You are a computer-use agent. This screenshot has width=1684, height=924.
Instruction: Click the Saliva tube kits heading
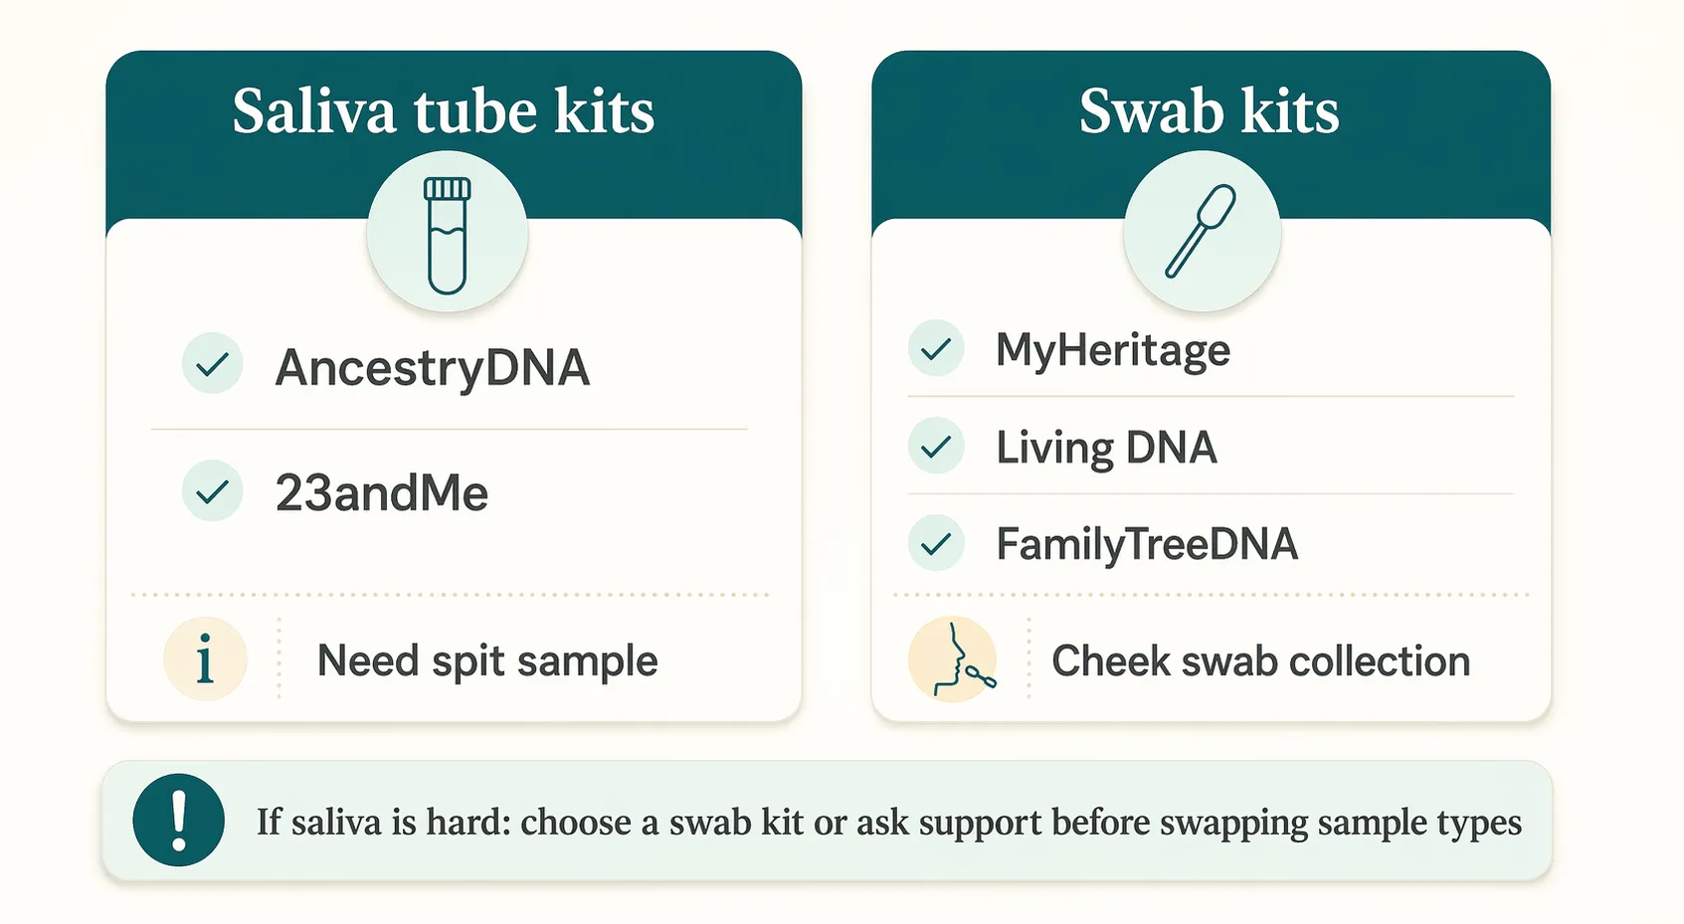point(444,110)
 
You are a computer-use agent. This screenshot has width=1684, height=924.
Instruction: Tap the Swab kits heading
point(1209,110)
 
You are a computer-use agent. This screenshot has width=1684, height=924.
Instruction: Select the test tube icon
point(447,235)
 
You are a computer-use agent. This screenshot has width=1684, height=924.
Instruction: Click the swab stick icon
point(1201,232)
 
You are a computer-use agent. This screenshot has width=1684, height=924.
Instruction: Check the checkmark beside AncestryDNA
point(212,365)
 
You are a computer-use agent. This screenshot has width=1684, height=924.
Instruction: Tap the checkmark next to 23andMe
point(212,491)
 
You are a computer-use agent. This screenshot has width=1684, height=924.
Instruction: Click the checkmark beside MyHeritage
point(936,349)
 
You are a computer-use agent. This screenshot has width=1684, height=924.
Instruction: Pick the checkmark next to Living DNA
point(936,447)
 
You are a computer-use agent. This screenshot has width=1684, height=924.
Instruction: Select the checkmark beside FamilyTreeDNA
point(936,544)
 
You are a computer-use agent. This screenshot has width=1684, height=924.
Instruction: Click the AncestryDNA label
point(433,367)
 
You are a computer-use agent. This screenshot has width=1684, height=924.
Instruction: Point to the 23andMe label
point(382,493)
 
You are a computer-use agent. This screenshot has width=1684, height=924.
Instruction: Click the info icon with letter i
point(205,659)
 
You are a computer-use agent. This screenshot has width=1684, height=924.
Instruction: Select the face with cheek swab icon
point(953,659)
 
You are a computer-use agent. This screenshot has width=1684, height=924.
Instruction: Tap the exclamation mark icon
point(179,820)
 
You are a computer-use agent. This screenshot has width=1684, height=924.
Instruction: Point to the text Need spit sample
point(487,661)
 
